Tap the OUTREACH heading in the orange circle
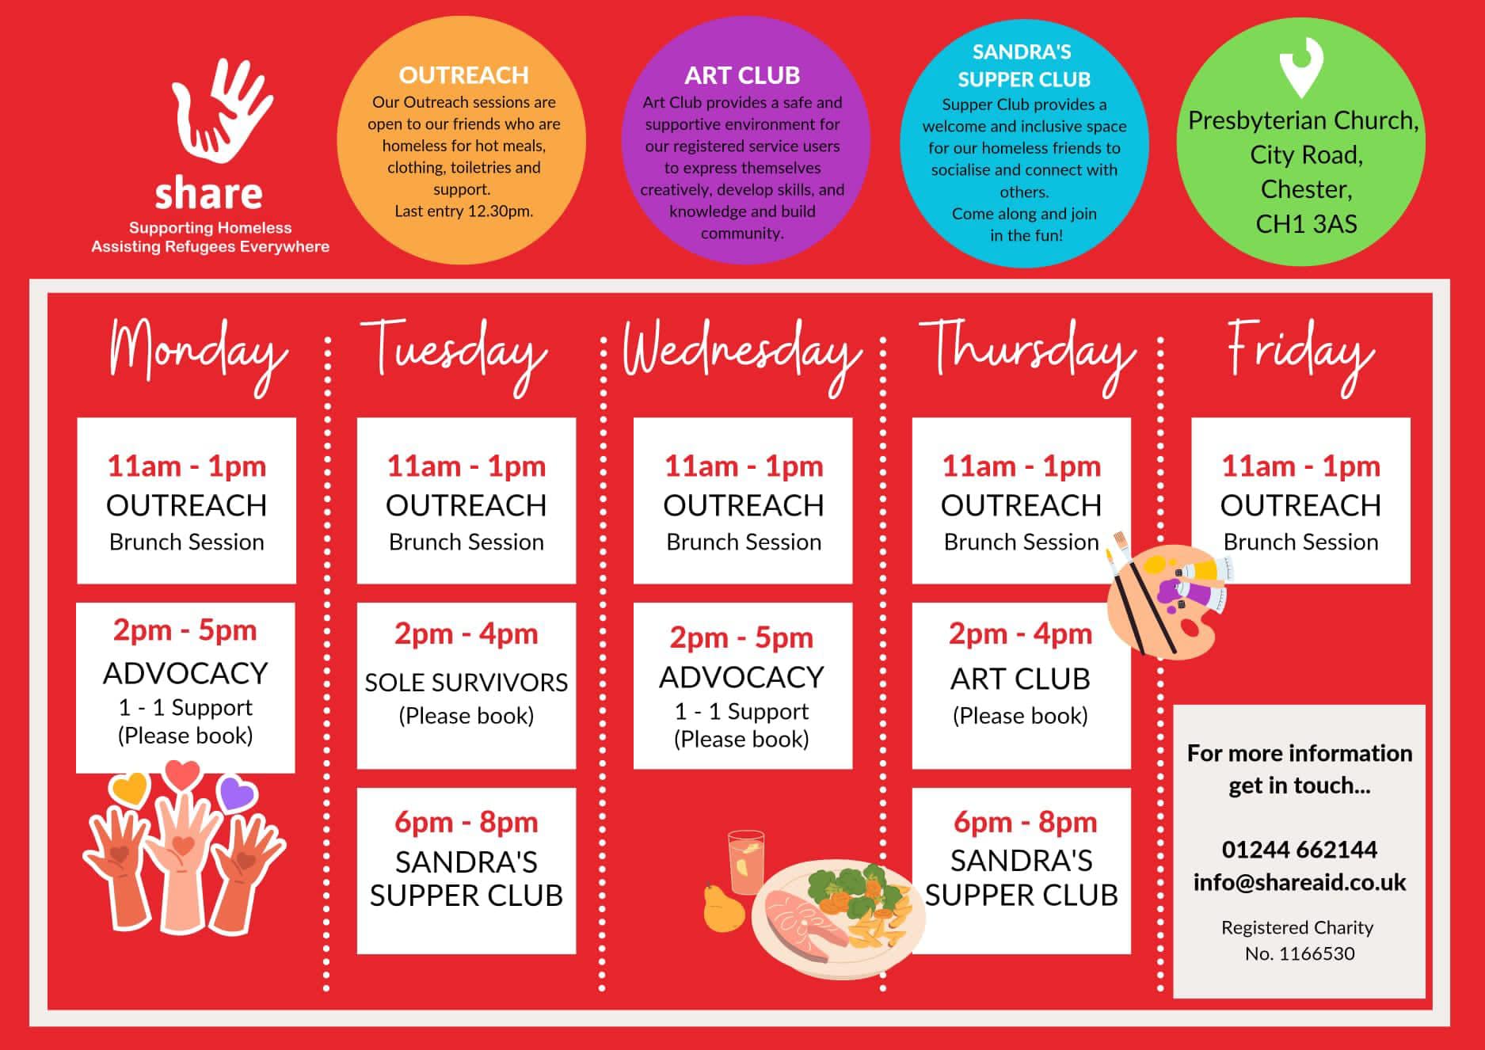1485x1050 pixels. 463,75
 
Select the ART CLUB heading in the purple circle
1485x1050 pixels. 742,75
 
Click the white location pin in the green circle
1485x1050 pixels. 1301,67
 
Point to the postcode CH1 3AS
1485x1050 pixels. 1306,224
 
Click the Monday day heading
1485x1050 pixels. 198,355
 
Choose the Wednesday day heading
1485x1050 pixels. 742,355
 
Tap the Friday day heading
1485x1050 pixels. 1300,355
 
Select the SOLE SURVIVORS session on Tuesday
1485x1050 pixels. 466,683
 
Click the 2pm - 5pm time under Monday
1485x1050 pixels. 185,630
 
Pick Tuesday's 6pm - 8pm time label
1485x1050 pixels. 466,822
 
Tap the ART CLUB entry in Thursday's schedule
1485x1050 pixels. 1020,679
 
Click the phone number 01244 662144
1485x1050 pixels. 1300,850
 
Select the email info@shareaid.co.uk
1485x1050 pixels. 1300,882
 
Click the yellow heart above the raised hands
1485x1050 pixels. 130,787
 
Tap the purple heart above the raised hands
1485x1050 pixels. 237,793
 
